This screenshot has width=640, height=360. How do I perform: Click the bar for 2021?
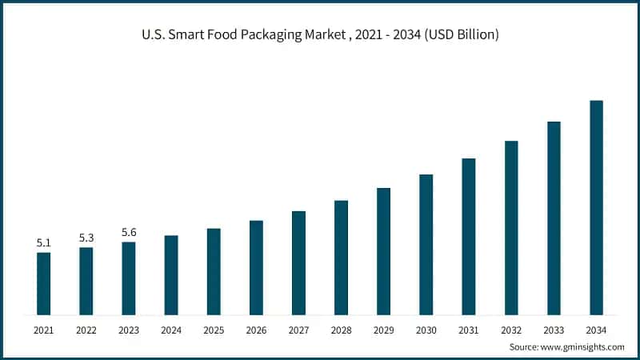coord(43,283)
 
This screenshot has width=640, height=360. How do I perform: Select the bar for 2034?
coord(596,207)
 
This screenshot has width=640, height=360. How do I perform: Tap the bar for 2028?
coord(341,257)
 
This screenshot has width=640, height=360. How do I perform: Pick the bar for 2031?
coord(469,236)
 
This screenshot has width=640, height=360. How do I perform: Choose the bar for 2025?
coord(214,271)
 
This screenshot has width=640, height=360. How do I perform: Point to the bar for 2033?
coord(554,218)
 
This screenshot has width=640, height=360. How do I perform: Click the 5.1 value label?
coord(43,242)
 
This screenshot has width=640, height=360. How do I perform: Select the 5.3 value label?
coord(86,238)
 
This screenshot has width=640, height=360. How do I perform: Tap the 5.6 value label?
coord(129,232)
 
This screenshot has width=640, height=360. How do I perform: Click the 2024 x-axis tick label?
coord(171,330)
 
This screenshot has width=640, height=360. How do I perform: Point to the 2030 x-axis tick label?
coord(426,330)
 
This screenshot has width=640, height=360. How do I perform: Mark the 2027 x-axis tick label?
coord(298,330)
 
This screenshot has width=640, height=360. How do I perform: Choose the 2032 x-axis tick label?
coord(511,330)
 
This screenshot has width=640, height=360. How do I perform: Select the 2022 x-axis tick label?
coord(86,330)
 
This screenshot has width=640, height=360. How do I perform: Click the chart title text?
coord(320,36)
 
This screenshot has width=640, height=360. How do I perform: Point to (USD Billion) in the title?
coord(461,36)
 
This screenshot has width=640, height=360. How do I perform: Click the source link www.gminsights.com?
coord(583,347)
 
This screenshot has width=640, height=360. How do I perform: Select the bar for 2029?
coord(383,251)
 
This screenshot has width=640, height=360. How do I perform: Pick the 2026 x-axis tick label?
coord(256,330)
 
